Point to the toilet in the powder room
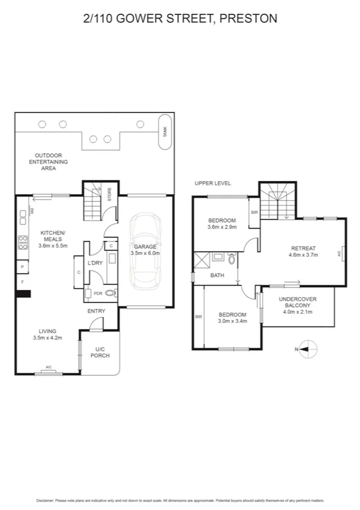[110, 293]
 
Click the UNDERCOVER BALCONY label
[298, 303]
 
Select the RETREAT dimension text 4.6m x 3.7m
[303, 255]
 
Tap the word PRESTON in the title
[248, 19]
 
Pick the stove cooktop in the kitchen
[23, 242]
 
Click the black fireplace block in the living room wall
[23, 294]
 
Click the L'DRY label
[95, 264]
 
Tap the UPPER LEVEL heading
[212, 183]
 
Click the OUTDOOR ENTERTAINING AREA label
[49, 162]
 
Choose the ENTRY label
[96, 311]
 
